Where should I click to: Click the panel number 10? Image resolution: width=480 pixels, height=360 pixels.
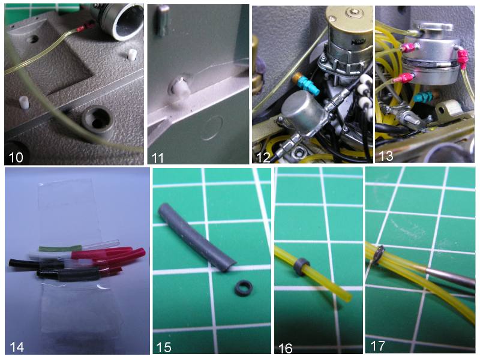click(16, 157)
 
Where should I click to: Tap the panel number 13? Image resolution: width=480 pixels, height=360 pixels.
click(386, 156)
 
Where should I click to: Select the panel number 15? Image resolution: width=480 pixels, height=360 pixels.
click(163, 347)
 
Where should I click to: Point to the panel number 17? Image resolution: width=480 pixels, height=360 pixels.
click(377, 346)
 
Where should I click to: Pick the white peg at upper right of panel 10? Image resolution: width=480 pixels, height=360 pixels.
click(132, 55)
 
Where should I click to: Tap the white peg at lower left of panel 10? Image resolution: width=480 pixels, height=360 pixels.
click(24, 102)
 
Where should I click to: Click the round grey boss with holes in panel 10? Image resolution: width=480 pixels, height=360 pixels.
click(97, 119)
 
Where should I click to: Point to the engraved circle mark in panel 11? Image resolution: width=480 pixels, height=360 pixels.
click(212, 128)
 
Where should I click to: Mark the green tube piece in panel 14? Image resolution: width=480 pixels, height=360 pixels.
click(60, 248)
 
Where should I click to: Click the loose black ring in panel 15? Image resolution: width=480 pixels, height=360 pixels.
click(244, 288)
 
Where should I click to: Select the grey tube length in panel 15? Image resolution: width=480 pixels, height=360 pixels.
click(197, 237)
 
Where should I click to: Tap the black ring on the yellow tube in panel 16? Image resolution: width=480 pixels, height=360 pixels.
click(302, 266)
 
